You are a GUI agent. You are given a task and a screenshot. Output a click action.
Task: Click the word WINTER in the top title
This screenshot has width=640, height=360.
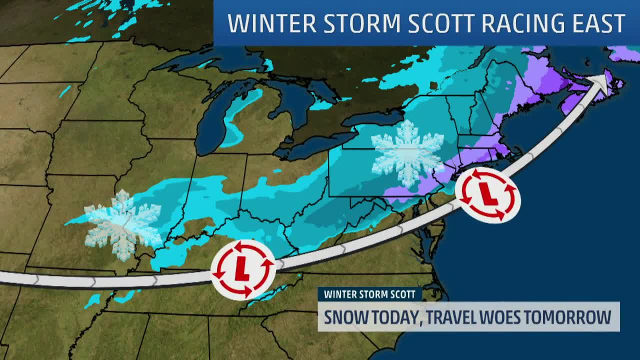tap(263, 23)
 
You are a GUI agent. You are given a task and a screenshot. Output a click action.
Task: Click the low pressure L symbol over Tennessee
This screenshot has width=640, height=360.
tap(243, 270)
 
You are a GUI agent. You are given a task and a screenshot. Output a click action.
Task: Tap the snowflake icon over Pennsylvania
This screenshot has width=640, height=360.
tap(407, 152)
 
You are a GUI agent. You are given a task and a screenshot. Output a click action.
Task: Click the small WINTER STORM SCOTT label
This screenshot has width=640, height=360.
tap(369, 294)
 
